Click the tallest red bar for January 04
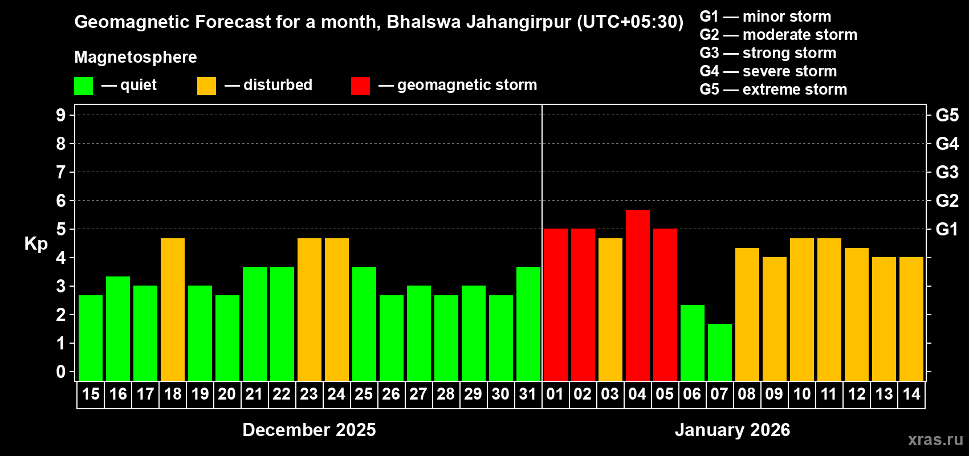[637, 295]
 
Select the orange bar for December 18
[173, 310]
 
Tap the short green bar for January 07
[719, 352]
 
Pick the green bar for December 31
[528, 324]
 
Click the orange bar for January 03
[610, 310]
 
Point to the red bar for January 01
[555, 305]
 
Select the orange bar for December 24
[337, 310]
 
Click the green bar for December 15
[91, 338]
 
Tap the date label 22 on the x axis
[282, 394]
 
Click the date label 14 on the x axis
[911, 394]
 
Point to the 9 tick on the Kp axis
[61, 115]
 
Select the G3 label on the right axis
[947, 172]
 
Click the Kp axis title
[36, 244]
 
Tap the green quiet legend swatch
[84, 86]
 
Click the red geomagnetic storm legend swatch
[360, 86]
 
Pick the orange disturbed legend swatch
[206, 86]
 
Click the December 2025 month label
[309, 430]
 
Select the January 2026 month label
[732, 430]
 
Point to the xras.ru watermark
[935, 439]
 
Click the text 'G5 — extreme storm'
[773, 89]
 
